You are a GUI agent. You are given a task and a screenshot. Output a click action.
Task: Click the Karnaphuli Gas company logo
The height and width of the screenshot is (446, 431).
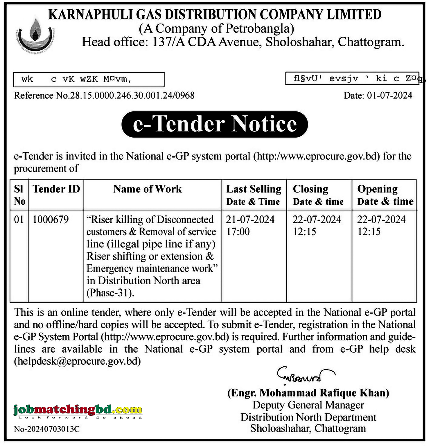[x=35, y=36]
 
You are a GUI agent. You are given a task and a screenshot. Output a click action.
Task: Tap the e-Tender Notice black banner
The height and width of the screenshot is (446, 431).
[x=215, y=124]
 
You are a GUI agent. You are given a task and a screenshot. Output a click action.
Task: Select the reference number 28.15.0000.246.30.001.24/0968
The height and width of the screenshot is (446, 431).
[x=132, y=96]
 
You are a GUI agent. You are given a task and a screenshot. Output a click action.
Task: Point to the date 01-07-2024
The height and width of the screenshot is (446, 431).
[x=389, y=96]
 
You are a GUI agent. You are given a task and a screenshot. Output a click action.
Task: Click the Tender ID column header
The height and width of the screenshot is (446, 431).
[x=56, y=189]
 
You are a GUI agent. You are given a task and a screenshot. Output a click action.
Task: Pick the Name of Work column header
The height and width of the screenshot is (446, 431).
[x=148, y=189]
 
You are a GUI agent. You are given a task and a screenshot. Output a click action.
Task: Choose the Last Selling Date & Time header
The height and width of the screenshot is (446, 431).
[x=254, y=195]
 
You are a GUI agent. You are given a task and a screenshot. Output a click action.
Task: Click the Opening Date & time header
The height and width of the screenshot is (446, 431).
[x=385, y=195]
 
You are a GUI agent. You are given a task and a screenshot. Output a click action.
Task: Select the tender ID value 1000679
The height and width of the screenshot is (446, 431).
[x=51, y=220]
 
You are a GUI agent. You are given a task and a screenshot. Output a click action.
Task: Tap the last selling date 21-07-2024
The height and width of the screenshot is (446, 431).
[x=250, y=220]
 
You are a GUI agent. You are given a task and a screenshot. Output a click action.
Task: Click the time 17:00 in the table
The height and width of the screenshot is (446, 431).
[x=238, y=232]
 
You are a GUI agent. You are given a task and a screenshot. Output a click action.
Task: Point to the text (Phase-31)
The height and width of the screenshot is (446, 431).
[x=110, y=293]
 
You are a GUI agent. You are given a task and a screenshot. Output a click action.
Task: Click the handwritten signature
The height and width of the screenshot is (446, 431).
[x=305, y=375]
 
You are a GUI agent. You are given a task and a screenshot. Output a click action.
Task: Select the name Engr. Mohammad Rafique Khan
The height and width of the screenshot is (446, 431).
[x=308, y=393]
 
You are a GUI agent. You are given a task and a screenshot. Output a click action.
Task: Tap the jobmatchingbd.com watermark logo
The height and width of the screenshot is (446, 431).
[x=78, y=411]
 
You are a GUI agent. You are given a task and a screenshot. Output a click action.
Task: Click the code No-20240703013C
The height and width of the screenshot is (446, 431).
[x=47, y=429]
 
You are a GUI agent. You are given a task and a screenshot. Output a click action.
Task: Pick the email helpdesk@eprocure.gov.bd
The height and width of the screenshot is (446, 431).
[x=78, y=361]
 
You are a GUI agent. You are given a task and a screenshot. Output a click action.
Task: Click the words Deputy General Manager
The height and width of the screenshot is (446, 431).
[x=308, y=405]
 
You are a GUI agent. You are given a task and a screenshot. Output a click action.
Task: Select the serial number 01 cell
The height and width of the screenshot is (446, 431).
[x=19, y=220]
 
